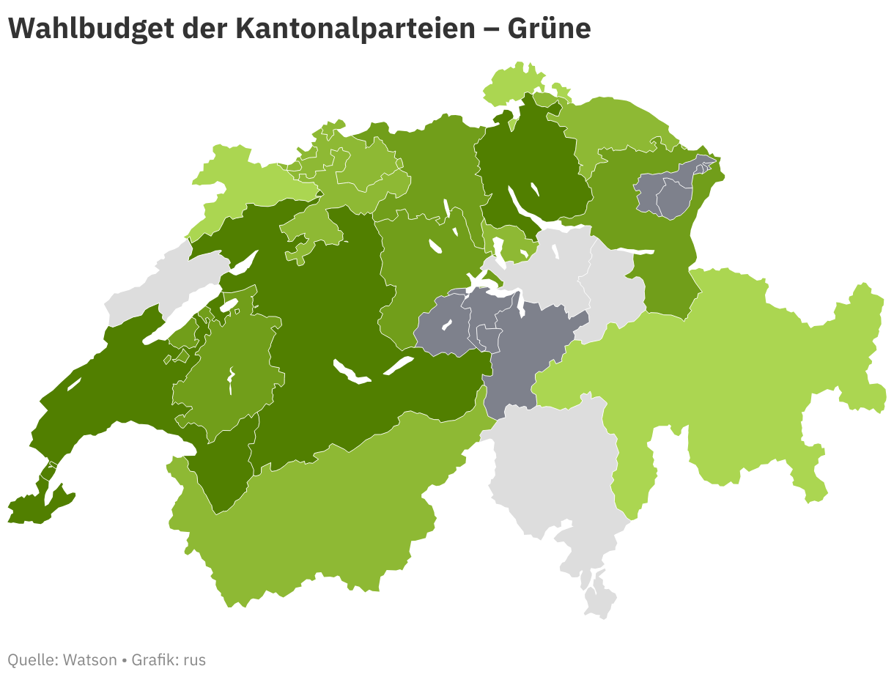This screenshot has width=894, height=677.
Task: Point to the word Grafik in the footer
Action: click(153, 659)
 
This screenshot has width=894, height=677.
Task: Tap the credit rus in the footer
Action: click(194, 659)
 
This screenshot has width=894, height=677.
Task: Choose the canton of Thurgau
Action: click(616, 125)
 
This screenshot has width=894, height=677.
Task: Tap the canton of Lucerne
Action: click(418, 271)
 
